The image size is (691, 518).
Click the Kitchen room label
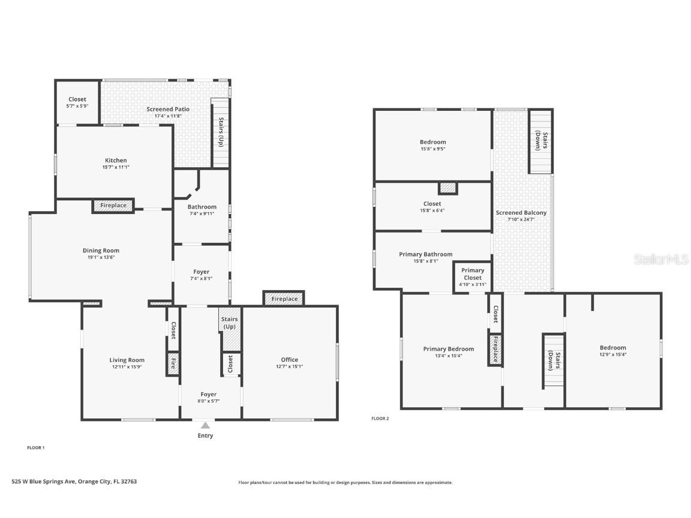[116, 161]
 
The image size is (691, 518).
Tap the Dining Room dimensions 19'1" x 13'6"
[101, 257]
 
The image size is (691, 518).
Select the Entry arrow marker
[205, 425]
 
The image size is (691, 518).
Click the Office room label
[289, 360]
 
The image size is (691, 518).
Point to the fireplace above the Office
[284, 299]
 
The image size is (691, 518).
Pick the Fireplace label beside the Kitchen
[113, 206]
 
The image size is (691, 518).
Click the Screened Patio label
[168, 109]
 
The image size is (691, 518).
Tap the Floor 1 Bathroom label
[202, 207]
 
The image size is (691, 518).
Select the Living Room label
[127, 360]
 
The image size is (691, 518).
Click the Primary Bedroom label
[448, 349]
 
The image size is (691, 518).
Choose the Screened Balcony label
[521, 213]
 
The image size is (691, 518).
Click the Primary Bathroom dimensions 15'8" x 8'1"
[426, 261]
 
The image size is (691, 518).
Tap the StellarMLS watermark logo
[660, 259]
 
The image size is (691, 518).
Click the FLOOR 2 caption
[380, 418]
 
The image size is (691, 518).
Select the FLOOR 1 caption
[36, 447]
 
